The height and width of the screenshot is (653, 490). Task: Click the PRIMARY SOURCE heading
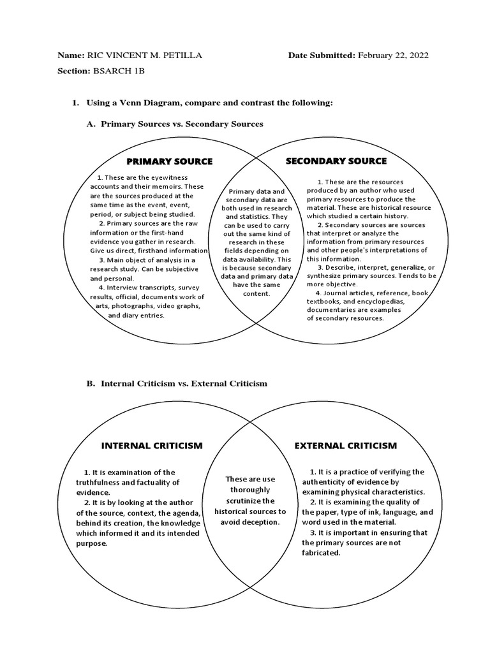(x=169, y=161)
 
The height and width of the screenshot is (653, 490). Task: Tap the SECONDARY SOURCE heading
(x=336, y=161)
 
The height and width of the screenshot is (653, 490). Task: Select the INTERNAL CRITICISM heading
(x=152, y=445)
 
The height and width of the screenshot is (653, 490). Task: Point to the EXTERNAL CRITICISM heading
(x=346, y=445)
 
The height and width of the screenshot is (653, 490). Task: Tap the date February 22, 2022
(x=393, y=55)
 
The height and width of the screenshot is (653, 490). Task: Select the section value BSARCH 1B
(x=121, y=71)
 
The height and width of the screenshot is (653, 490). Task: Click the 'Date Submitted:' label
(x=322, y=55)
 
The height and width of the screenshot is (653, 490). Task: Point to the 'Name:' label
(x=70, y=55)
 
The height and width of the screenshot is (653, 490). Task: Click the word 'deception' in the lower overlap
(x=262, y=522)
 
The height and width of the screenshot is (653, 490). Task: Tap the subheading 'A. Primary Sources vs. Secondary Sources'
(x=175, y=124)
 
